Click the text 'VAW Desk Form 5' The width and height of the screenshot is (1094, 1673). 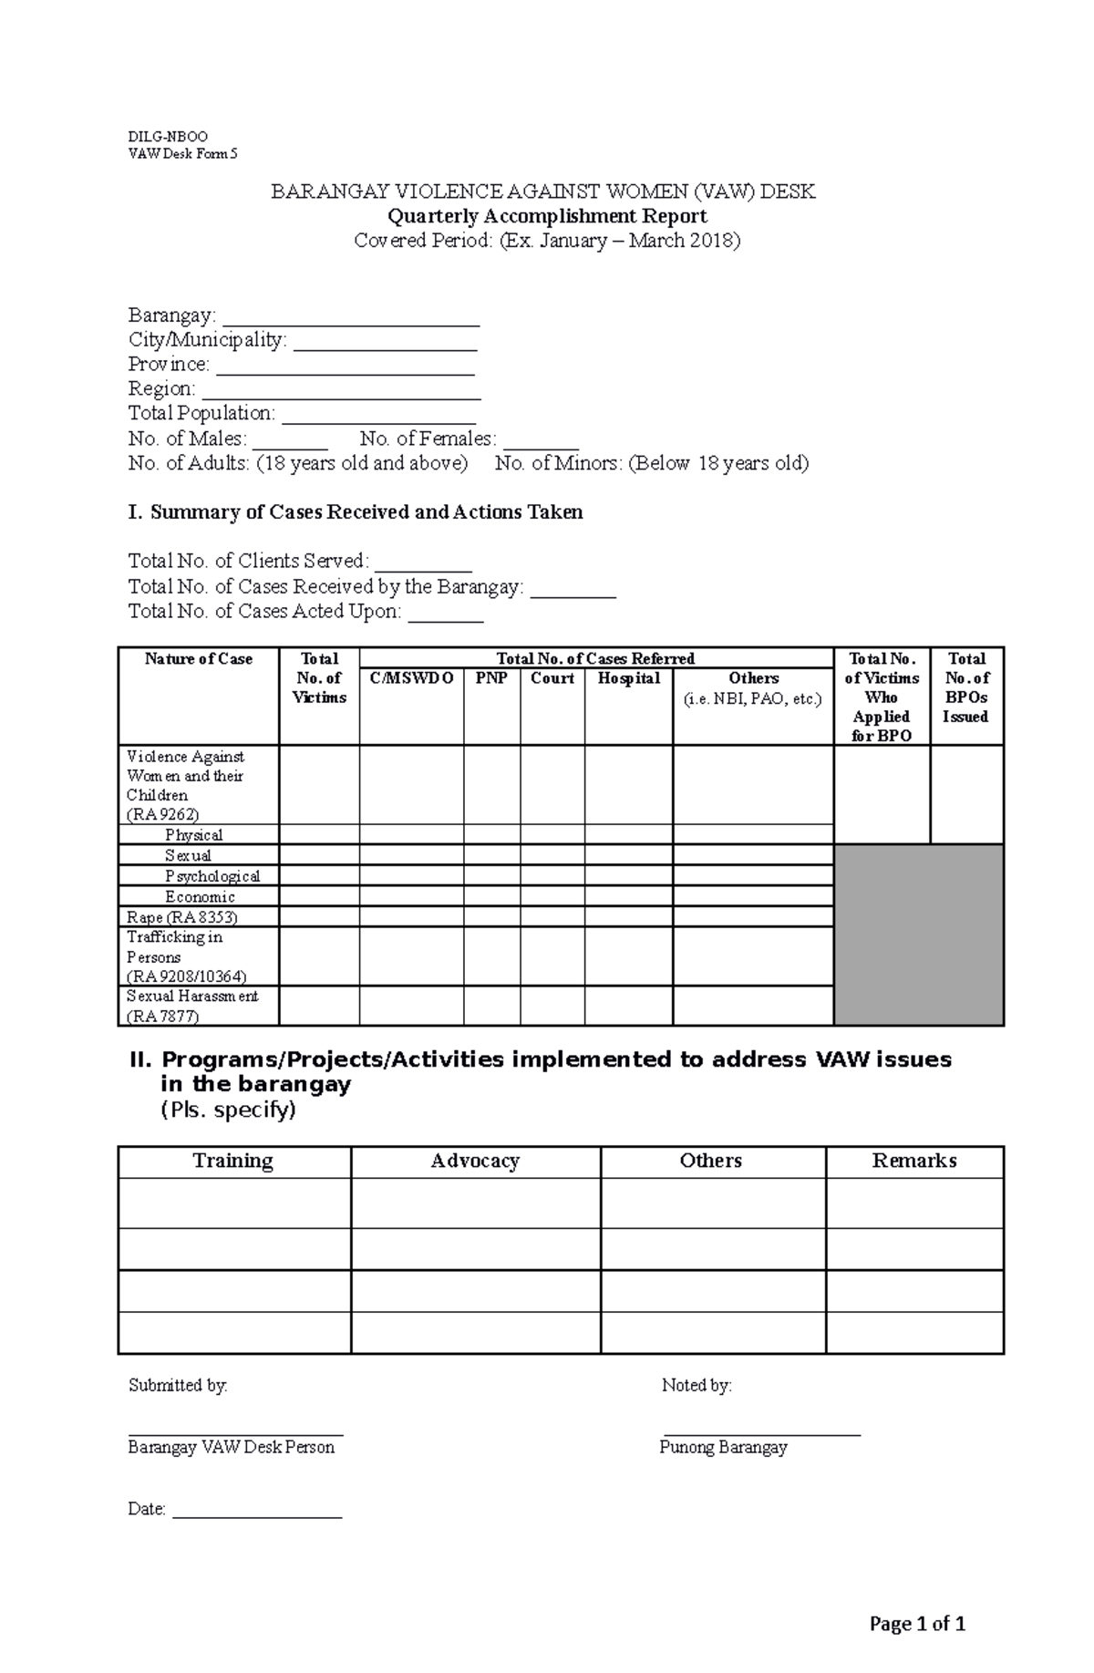[x=182, y=154]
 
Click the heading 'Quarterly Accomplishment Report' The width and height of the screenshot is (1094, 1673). [x=547, y=216]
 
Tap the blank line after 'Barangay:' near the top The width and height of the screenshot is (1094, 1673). [x=351, y=321]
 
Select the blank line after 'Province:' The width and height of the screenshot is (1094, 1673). [x=345, y=370]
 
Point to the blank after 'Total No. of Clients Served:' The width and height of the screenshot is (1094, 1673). [x=423, y=566]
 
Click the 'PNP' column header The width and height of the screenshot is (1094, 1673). [x=491, y=678]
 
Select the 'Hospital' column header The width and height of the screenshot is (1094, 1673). [x=628, y=678]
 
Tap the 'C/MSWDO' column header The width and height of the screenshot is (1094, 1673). [x=411, y=678]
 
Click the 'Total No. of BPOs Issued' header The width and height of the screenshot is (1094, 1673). [x=965, y=687]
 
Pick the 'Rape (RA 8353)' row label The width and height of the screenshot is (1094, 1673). [x=182, y=917]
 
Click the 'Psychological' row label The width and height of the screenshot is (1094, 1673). [x=212, y=876]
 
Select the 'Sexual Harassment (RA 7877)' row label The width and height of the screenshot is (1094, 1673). [x=191, y=1006]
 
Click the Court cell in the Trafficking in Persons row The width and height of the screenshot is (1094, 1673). [x=552, y=956]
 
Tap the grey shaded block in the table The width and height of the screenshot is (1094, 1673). [x=918, y=935]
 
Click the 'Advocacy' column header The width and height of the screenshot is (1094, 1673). [x=475, y=1161]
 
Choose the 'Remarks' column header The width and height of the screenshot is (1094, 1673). [x=913, y=1161]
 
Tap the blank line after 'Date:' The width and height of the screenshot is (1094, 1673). [x=257, y=1514]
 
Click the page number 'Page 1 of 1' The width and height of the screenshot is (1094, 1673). [x=917, y=1624]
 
